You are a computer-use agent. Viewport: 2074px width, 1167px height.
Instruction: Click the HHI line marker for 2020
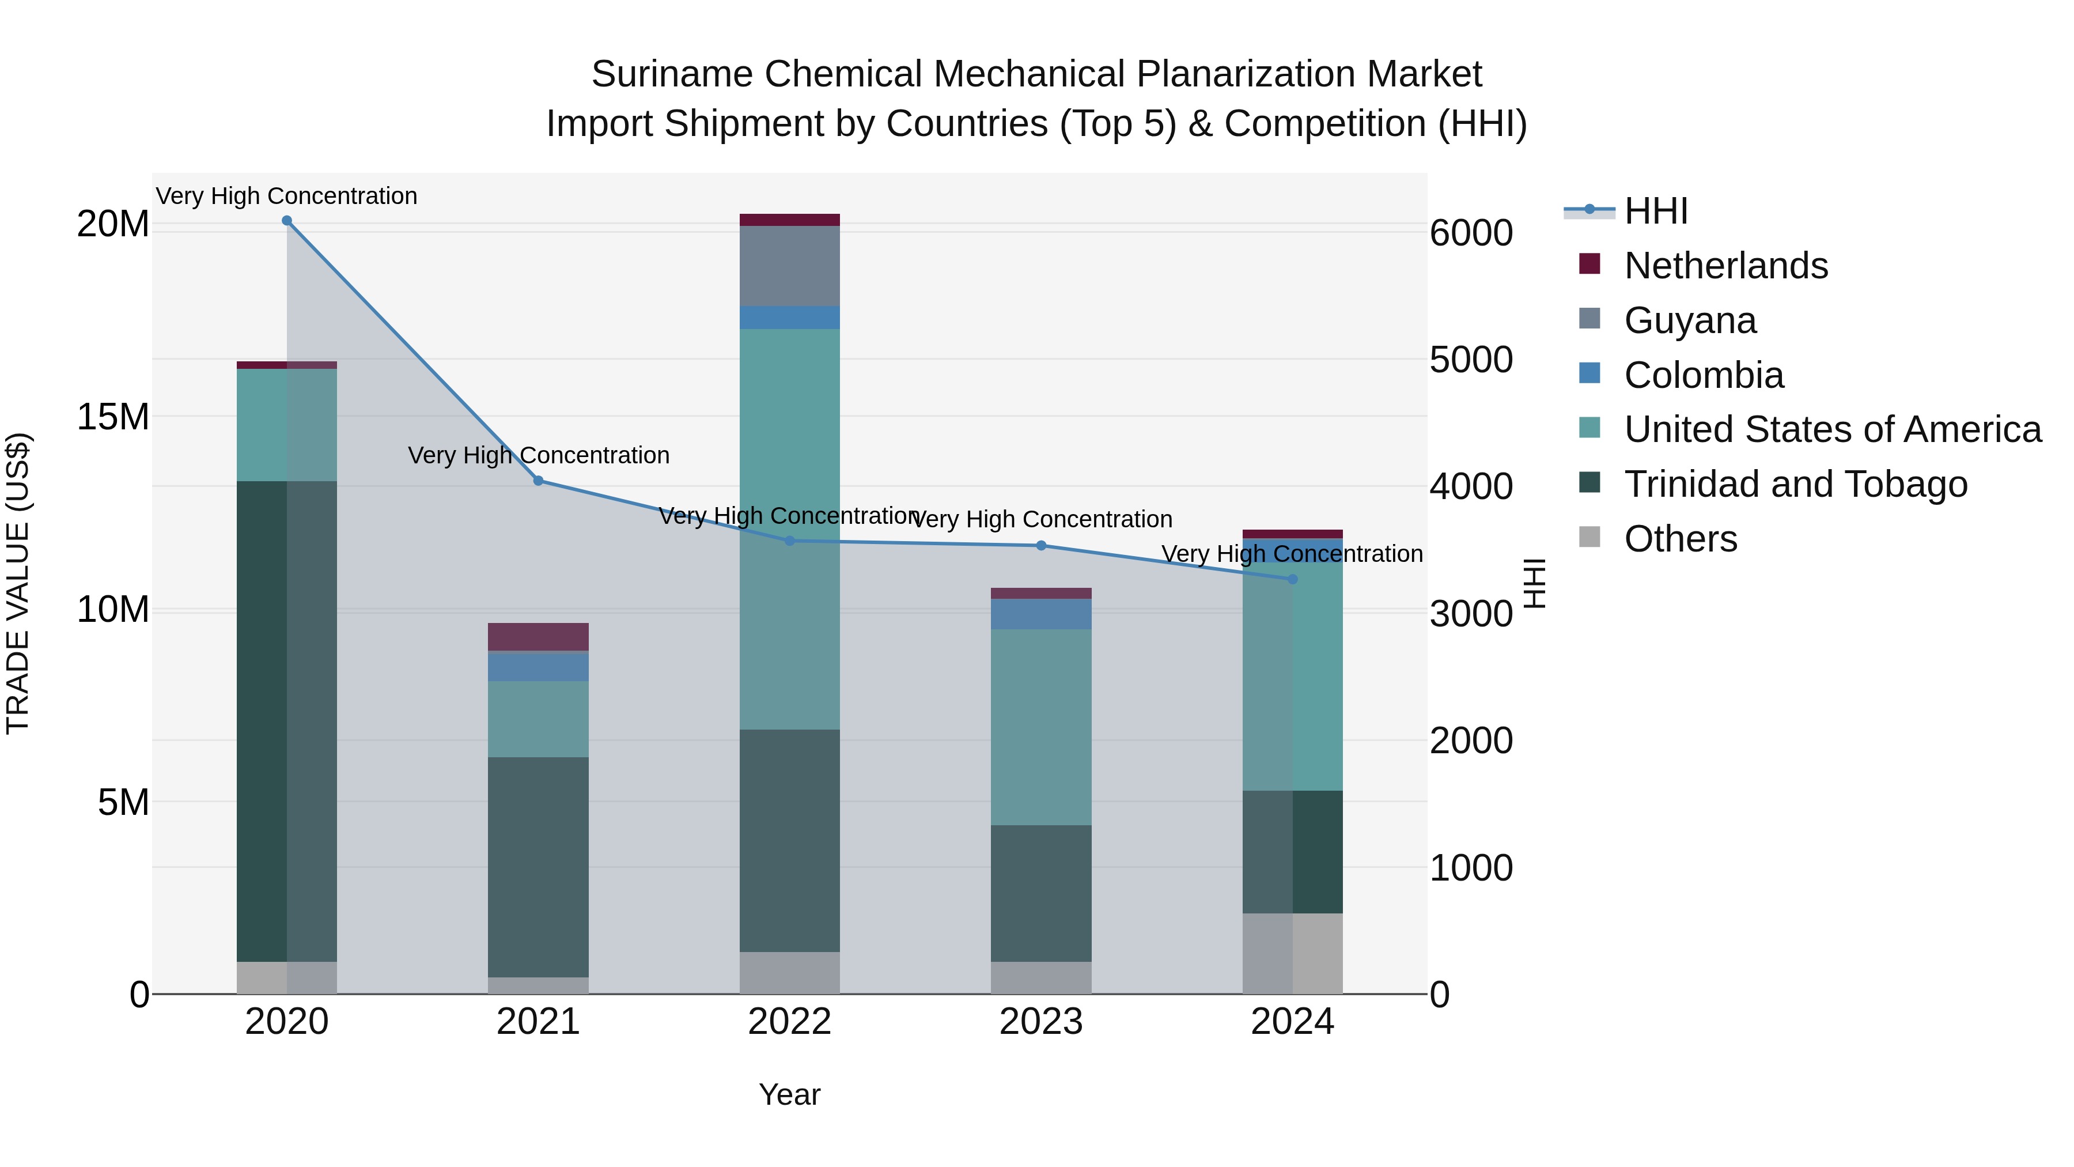[x=287, y=221]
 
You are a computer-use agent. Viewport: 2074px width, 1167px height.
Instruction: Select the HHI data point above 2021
[x=539, y=481]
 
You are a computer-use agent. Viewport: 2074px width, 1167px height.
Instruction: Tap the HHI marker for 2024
[x=1293, y=579]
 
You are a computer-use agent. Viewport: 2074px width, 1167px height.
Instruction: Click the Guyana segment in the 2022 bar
[x=790, y=266]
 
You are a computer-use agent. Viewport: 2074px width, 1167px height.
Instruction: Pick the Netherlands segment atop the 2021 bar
[x=539, y=637]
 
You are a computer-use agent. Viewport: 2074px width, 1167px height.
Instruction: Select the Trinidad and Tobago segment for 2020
[x=287, y=721]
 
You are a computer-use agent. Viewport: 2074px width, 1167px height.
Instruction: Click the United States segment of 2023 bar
[x=1041, y=727]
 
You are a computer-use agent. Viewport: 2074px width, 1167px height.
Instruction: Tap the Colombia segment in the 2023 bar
[x=1041, y=614]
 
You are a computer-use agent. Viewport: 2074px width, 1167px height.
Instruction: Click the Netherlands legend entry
[x=1725, y=266]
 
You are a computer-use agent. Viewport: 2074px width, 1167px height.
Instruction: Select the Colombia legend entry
[x=1704, y=375]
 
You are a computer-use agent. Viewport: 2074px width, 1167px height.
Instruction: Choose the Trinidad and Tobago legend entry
[x=1795, y=484]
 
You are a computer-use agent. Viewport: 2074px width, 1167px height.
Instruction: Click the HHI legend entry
[x=1655, y=211]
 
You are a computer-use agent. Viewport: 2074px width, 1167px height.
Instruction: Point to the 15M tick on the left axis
[x=113, y=417]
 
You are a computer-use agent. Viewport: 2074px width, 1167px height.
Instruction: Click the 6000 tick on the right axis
[x=1471, y=233]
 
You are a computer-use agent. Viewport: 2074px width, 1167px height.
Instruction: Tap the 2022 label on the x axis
[x=790, y=1022]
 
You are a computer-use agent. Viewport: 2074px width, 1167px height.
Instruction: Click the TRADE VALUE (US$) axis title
[x=18, y=583]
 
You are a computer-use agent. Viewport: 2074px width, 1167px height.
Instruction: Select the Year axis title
[x=790, y=1094]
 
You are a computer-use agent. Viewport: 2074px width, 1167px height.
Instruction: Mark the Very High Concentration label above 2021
[x=539, y=455]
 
